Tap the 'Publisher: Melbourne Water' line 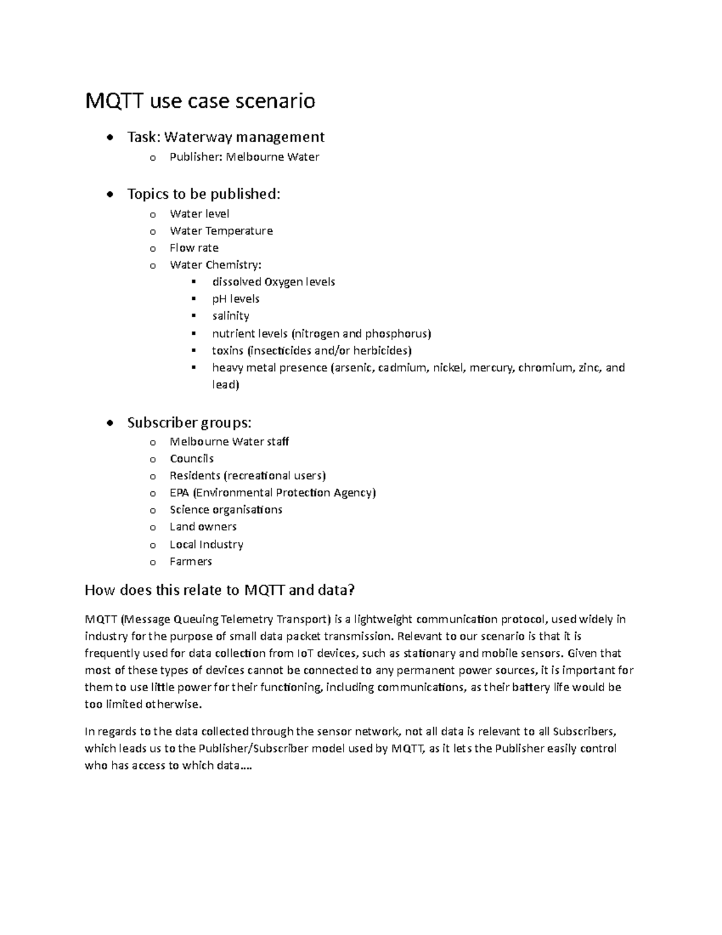(x=244, y=157)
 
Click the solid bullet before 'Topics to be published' (x=108, y=194)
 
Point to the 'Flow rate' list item (x=194, y=248)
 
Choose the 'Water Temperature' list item (x=221, y=231)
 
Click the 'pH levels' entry (x=235, y=299)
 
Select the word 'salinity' (x=230, y=316)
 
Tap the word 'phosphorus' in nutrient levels (x=398, y=334)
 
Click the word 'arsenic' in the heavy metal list (x=353, y=368)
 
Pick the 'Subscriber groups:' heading (x=189, y=423)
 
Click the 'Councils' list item (x=191, y=459)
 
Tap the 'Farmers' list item (x=191, y=562)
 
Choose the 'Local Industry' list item (x=206, y=545)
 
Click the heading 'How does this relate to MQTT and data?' (x=220, y=590)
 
